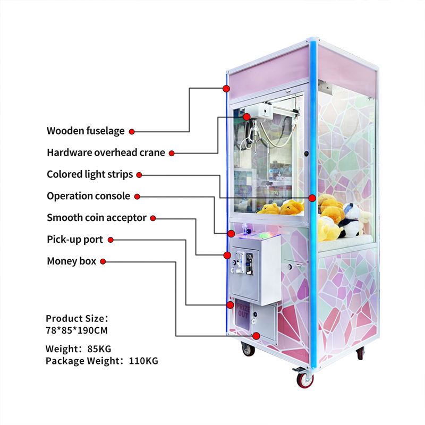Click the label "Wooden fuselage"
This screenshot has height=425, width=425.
86,131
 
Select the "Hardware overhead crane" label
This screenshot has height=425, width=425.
106,152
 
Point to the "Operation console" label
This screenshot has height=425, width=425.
88,196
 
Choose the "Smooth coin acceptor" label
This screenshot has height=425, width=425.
97,217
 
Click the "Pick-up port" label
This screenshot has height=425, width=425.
75,240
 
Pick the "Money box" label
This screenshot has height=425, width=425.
72,261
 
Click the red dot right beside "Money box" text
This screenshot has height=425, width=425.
103,261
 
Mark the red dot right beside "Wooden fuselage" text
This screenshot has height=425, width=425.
132,131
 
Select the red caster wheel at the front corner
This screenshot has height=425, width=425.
305,379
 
